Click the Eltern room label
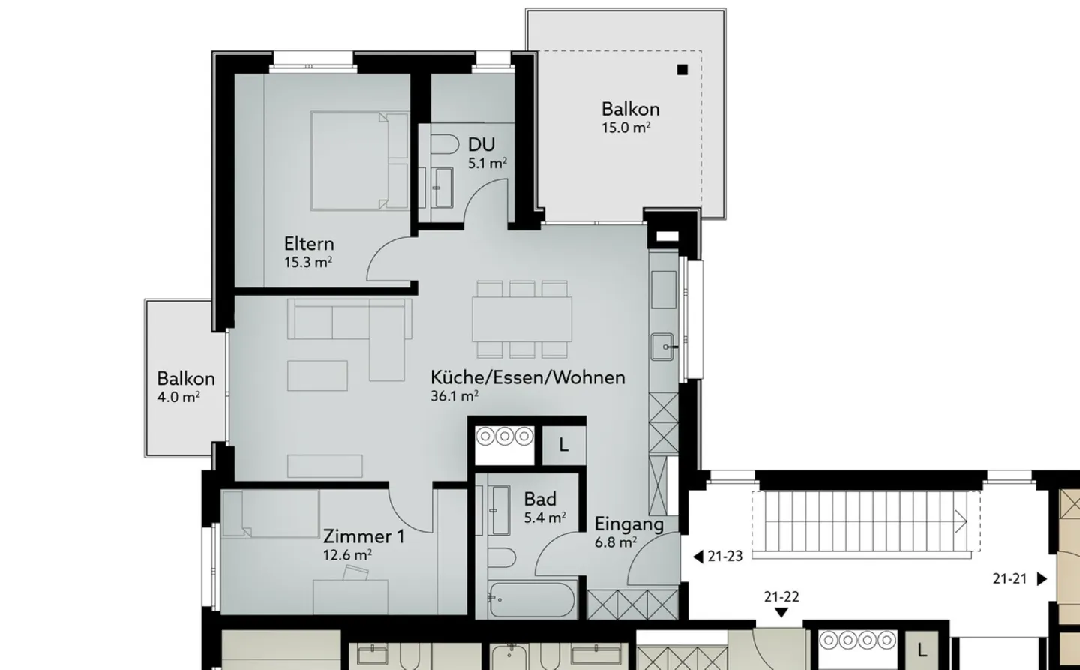[x=309, y=244]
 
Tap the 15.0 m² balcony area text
[x=625, y=128]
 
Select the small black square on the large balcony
[x=682, y=70]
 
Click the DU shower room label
[x=481, y=144]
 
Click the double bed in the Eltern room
[x=359, y=160]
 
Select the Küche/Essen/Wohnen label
[x=527, y=377]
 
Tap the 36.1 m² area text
[x=454, y=396]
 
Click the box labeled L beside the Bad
[x=563, y=445]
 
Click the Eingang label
[x=628, y=524]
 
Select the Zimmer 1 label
[x=363, y=536]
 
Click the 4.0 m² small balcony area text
[x=178, y=398]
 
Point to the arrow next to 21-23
[x=697, y=557]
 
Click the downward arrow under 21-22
[x=781, y=613]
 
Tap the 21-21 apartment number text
[x=1009, y=578]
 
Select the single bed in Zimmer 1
[x=271, y=514]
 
